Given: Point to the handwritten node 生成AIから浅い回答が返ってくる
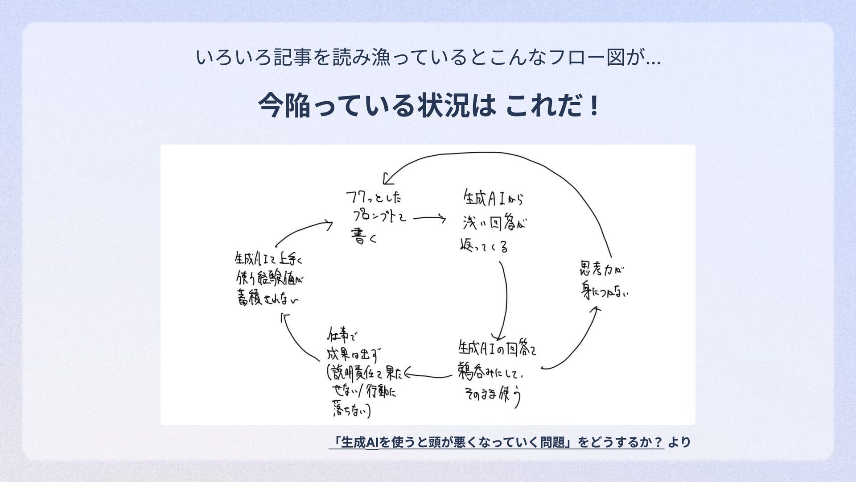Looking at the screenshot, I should click(x=493, y=221).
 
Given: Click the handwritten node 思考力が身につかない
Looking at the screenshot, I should click(x=603, y=280).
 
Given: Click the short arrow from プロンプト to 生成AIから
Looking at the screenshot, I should click(x=429, y=218).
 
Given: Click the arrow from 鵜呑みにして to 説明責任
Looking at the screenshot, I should click(x=428, y=376).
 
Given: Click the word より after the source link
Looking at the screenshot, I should click(x=679, y=442).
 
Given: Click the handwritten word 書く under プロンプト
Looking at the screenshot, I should click(x=364, y=237).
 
